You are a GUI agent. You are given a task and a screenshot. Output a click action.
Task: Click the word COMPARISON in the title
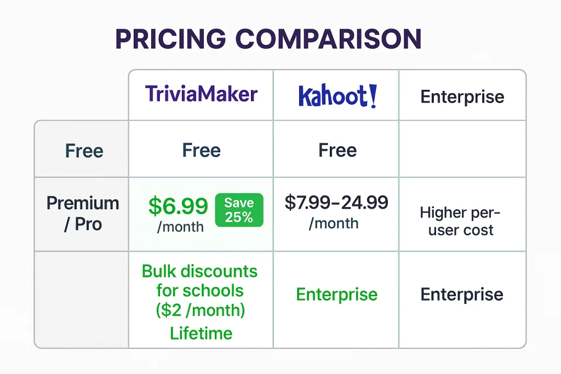329,39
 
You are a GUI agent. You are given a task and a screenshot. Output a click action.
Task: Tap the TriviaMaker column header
201,94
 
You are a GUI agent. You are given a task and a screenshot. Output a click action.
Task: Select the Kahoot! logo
337,96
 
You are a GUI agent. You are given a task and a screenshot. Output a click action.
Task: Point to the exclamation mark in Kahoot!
373,96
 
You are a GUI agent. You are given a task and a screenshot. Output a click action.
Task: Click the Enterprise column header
462,96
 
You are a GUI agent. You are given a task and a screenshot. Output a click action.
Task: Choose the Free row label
84,151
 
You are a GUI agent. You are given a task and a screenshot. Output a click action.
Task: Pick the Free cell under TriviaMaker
202,150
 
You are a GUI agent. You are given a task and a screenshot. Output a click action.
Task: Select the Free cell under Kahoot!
337,150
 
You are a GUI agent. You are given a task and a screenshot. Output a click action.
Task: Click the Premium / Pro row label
83,214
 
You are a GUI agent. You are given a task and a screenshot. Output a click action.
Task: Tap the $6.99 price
178,205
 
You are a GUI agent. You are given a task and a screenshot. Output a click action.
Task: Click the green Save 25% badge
239,210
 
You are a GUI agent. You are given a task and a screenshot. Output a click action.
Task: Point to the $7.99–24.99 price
336,203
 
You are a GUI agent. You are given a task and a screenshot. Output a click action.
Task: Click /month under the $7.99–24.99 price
334,223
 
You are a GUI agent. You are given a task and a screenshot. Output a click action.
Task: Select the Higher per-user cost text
460,221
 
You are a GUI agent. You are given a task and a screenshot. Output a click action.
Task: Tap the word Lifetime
201,333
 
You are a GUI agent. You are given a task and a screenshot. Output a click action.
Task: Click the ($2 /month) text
201,310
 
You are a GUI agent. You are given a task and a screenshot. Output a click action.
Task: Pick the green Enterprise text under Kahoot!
337,295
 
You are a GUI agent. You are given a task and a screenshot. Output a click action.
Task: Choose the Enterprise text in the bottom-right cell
462,294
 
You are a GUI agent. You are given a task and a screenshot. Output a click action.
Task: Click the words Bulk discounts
199,271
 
